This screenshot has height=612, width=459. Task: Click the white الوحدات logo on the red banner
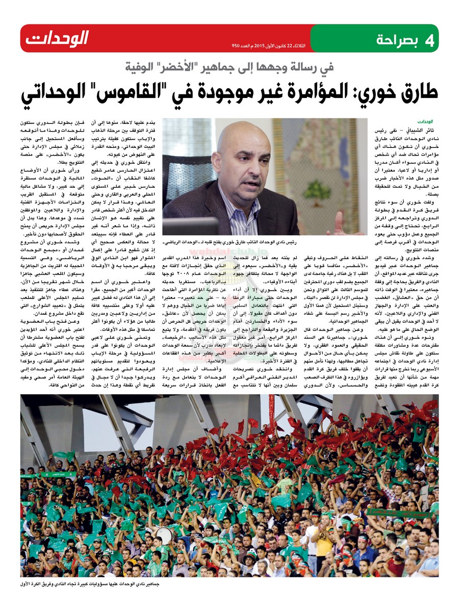tap(57, 38)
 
